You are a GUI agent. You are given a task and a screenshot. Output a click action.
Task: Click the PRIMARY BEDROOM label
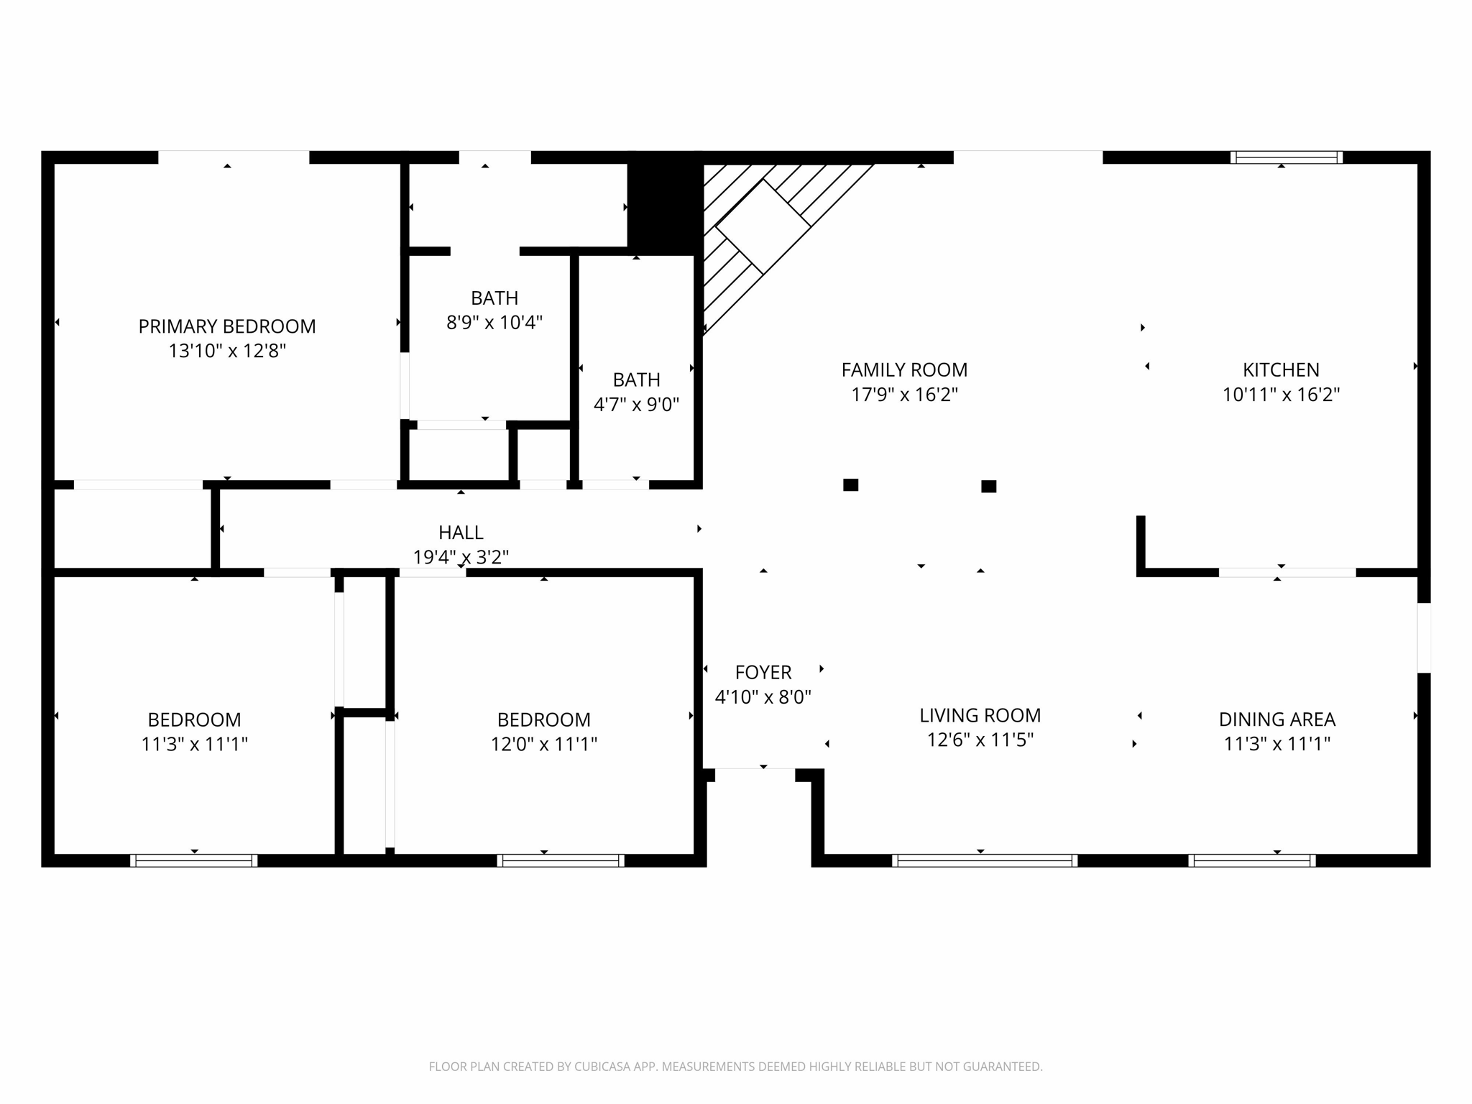point(226,326)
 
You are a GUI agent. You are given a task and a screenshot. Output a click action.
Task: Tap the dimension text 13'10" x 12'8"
point(226,351)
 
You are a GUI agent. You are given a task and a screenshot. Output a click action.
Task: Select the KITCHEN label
point(1281,369)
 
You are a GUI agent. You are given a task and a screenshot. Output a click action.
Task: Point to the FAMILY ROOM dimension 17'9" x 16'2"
point(904,395)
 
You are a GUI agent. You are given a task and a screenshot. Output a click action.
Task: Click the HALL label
point(461,533)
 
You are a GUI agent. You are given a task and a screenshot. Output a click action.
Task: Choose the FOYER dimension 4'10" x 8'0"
point(763,696)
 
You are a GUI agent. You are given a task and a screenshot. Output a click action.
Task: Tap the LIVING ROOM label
point(980,715)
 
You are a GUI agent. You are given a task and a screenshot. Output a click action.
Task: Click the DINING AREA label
point(1276,719)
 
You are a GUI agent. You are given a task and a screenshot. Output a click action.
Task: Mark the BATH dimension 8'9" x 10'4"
point(494,322)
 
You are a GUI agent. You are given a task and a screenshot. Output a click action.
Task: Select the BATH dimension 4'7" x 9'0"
point(636,404)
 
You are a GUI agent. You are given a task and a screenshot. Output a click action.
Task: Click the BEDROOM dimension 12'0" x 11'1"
point(543,744)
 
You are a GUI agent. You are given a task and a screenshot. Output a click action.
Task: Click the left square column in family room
point(850,485)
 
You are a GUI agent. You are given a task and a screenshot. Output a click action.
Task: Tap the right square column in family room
point(988,487)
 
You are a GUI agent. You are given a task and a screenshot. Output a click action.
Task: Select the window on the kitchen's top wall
point(1286,157)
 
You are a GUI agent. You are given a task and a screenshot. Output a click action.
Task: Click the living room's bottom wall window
point(984,860)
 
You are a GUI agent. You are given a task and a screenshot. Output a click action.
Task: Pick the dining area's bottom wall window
point(1251,860)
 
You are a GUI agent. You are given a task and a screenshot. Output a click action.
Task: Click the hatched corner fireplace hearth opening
point(763,226)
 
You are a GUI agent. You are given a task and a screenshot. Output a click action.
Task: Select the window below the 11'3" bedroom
point(193,860)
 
